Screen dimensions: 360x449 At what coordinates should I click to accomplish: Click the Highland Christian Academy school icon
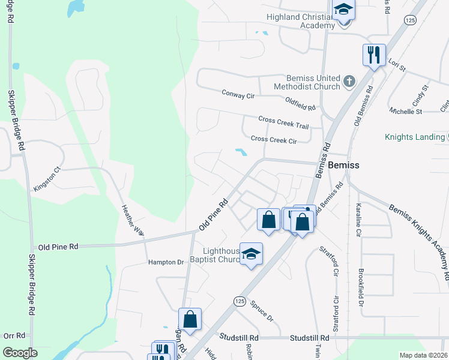(x=344, y=10)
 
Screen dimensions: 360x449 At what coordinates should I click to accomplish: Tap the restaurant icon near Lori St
(x=374, y=55)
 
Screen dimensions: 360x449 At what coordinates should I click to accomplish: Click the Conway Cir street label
(x=238, y=94)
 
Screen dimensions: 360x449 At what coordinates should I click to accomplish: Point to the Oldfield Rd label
(x=300, y=104)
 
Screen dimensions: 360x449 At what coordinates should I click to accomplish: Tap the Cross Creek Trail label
(x=283, y=122)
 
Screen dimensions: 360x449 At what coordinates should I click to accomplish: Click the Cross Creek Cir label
(x=274, y=139)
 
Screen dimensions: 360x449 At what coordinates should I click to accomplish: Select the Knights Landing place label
(x=415, y=137)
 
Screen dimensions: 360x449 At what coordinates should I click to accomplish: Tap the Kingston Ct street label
(x=47, y=179)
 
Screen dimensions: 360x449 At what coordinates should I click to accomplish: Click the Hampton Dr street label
(x=166, y=262)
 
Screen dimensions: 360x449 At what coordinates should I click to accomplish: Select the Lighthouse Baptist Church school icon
(x=252, y=254)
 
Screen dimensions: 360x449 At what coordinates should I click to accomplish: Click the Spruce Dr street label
(x=262, y=310)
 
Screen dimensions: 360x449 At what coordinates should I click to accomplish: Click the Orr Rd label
(x=14, y=336)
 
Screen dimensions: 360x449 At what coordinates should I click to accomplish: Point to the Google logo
(x=20, y=353)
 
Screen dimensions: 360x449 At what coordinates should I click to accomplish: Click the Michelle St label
(x=406, y=111)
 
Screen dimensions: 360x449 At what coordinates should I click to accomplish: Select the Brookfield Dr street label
(x=361, y=297)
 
